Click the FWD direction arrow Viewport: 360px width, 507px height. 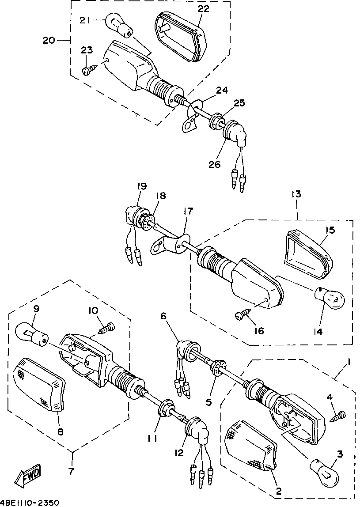(27, 476)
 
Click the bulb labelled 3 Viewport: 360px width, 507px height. (324, 469)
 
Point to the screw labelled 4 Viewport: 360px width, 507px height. (341, 415)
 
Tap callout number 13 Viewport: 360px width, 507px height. (296, 195)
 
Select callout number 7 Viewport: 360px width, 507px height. (71, 471)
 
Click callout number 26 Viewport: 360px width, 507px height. (215, 164)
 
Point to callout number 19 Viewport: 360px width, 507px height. (141, 187)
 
